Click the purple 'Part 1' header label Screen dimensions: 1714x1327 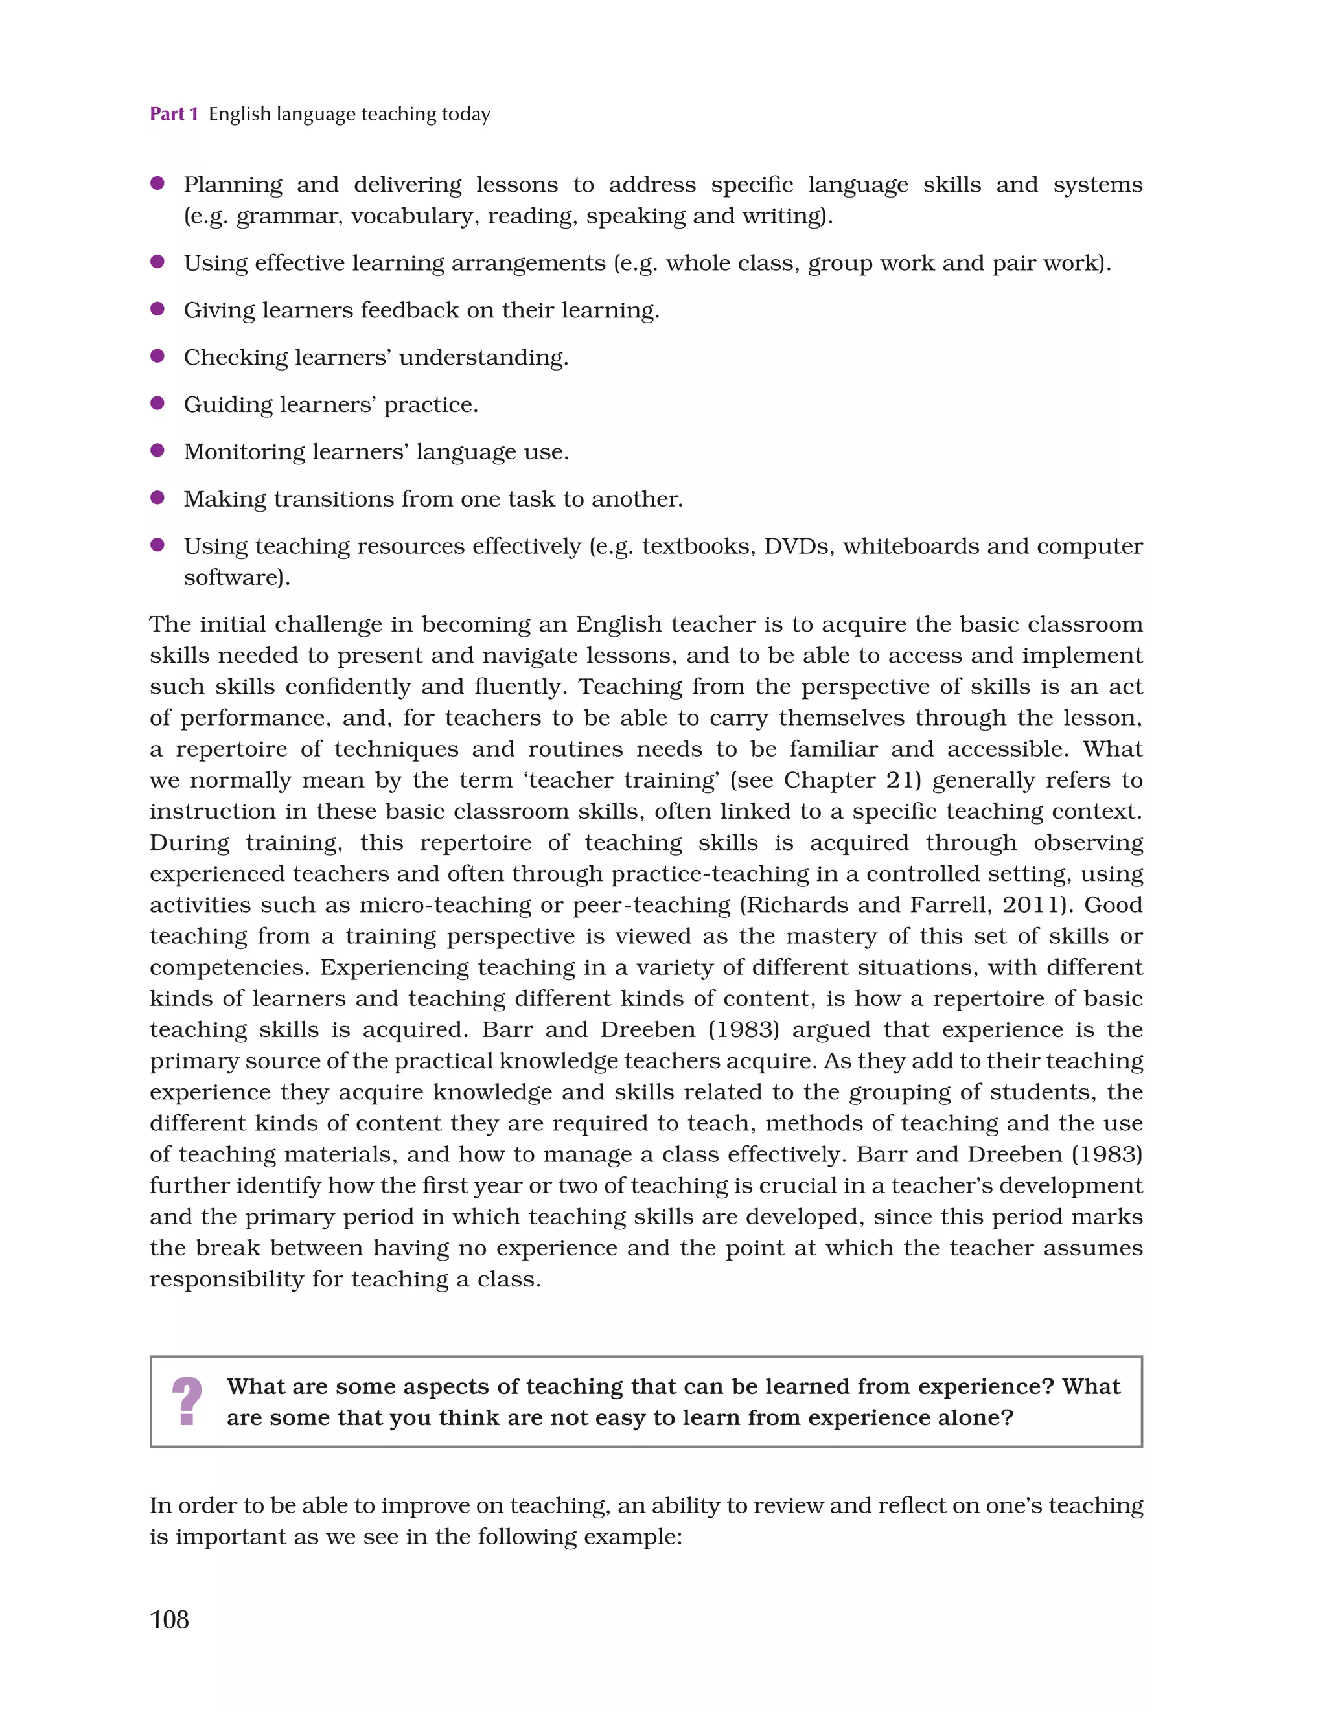[174, 115]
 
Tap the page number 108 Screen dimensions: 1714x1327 [170, 1619]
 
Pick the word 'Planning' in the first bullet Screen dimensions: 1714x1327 [233, 185]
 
